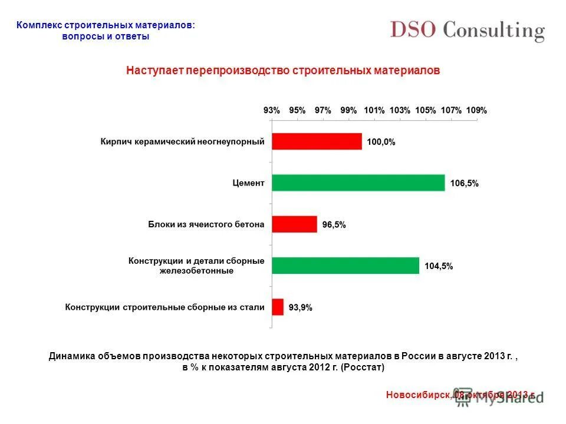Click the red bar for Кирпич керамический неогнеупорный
[x=317, y=141]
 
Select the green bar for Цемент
[x=358, y=183]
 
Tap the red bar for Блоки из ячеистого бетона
[x=294, y=224]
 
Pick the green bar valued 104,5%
[x=345, y=266]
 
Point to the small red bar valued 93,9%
[x=277, y=307]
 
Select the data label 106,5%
[x=464, y=183]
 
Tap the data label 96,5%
[x=334, y=224]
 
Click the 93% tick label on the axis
[x=272, y=110]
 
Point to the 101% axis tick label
[x=374, y=110]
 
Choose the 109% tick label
[x=476, y=110]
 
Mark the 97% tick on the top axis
[x=323, y=110]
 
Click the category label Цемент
[x=248, y=183]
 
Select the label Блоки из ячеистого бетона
[x=206, y=224]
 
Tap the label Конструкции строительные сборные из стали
[x=164, y=307]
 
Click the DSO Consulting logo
[x=467, y=31]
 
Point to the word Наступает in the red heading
[x=154, y=70]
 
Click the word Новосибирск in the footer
[x=419, y=395]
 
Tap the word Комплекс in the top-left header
[x=38, y=25]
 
